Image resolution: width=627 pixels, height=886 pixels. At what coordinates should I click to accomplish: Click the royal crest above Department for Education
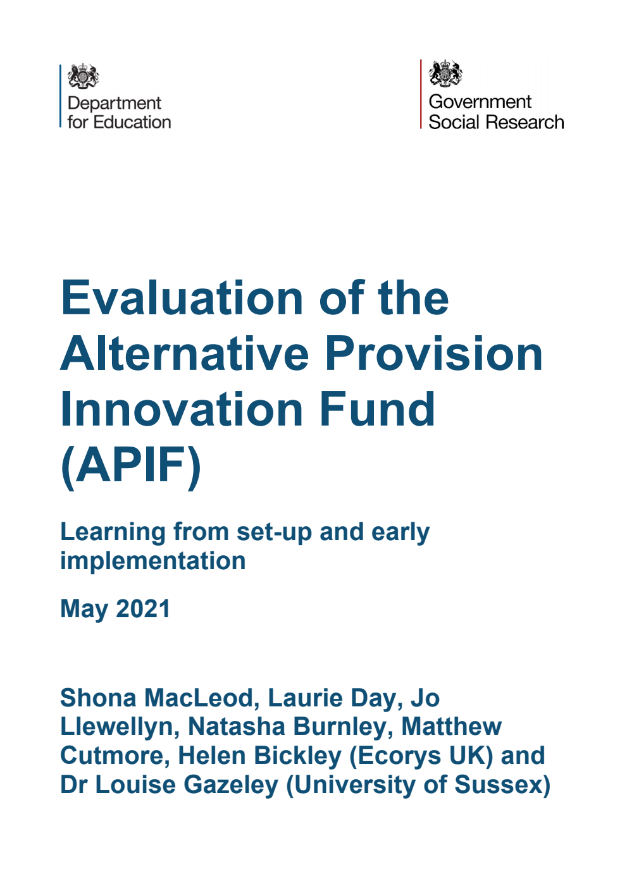83,77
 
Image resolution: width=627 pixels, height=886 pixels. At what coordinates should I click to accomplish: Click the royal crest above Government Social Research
445,73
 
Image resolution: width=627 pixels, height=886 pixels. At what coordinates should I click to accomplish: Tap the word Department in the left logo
115,103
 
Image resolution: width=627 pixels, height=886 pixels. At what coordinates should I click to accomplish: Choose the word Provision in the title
433,354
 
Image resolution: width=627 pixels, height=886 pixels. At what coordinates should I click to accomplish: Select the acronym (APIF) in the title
130,465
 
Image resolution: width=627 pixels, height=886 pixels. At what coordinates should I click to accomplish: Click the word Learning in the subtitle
113,532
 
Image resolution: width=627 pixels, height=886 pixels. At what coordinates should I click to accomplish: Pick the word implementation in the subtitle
152,561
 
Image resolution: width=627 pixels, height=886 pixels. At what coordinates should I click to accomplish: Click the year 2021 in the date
143,609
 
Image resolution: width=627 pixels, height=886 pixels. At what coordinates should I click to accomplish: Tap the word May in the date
84,609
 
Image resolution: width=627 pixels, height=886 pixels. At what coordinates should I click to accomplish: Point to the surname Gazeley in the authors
231,785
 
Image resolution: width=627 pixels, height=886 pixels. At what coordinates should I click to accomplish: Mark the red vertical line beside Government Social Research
421,94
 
